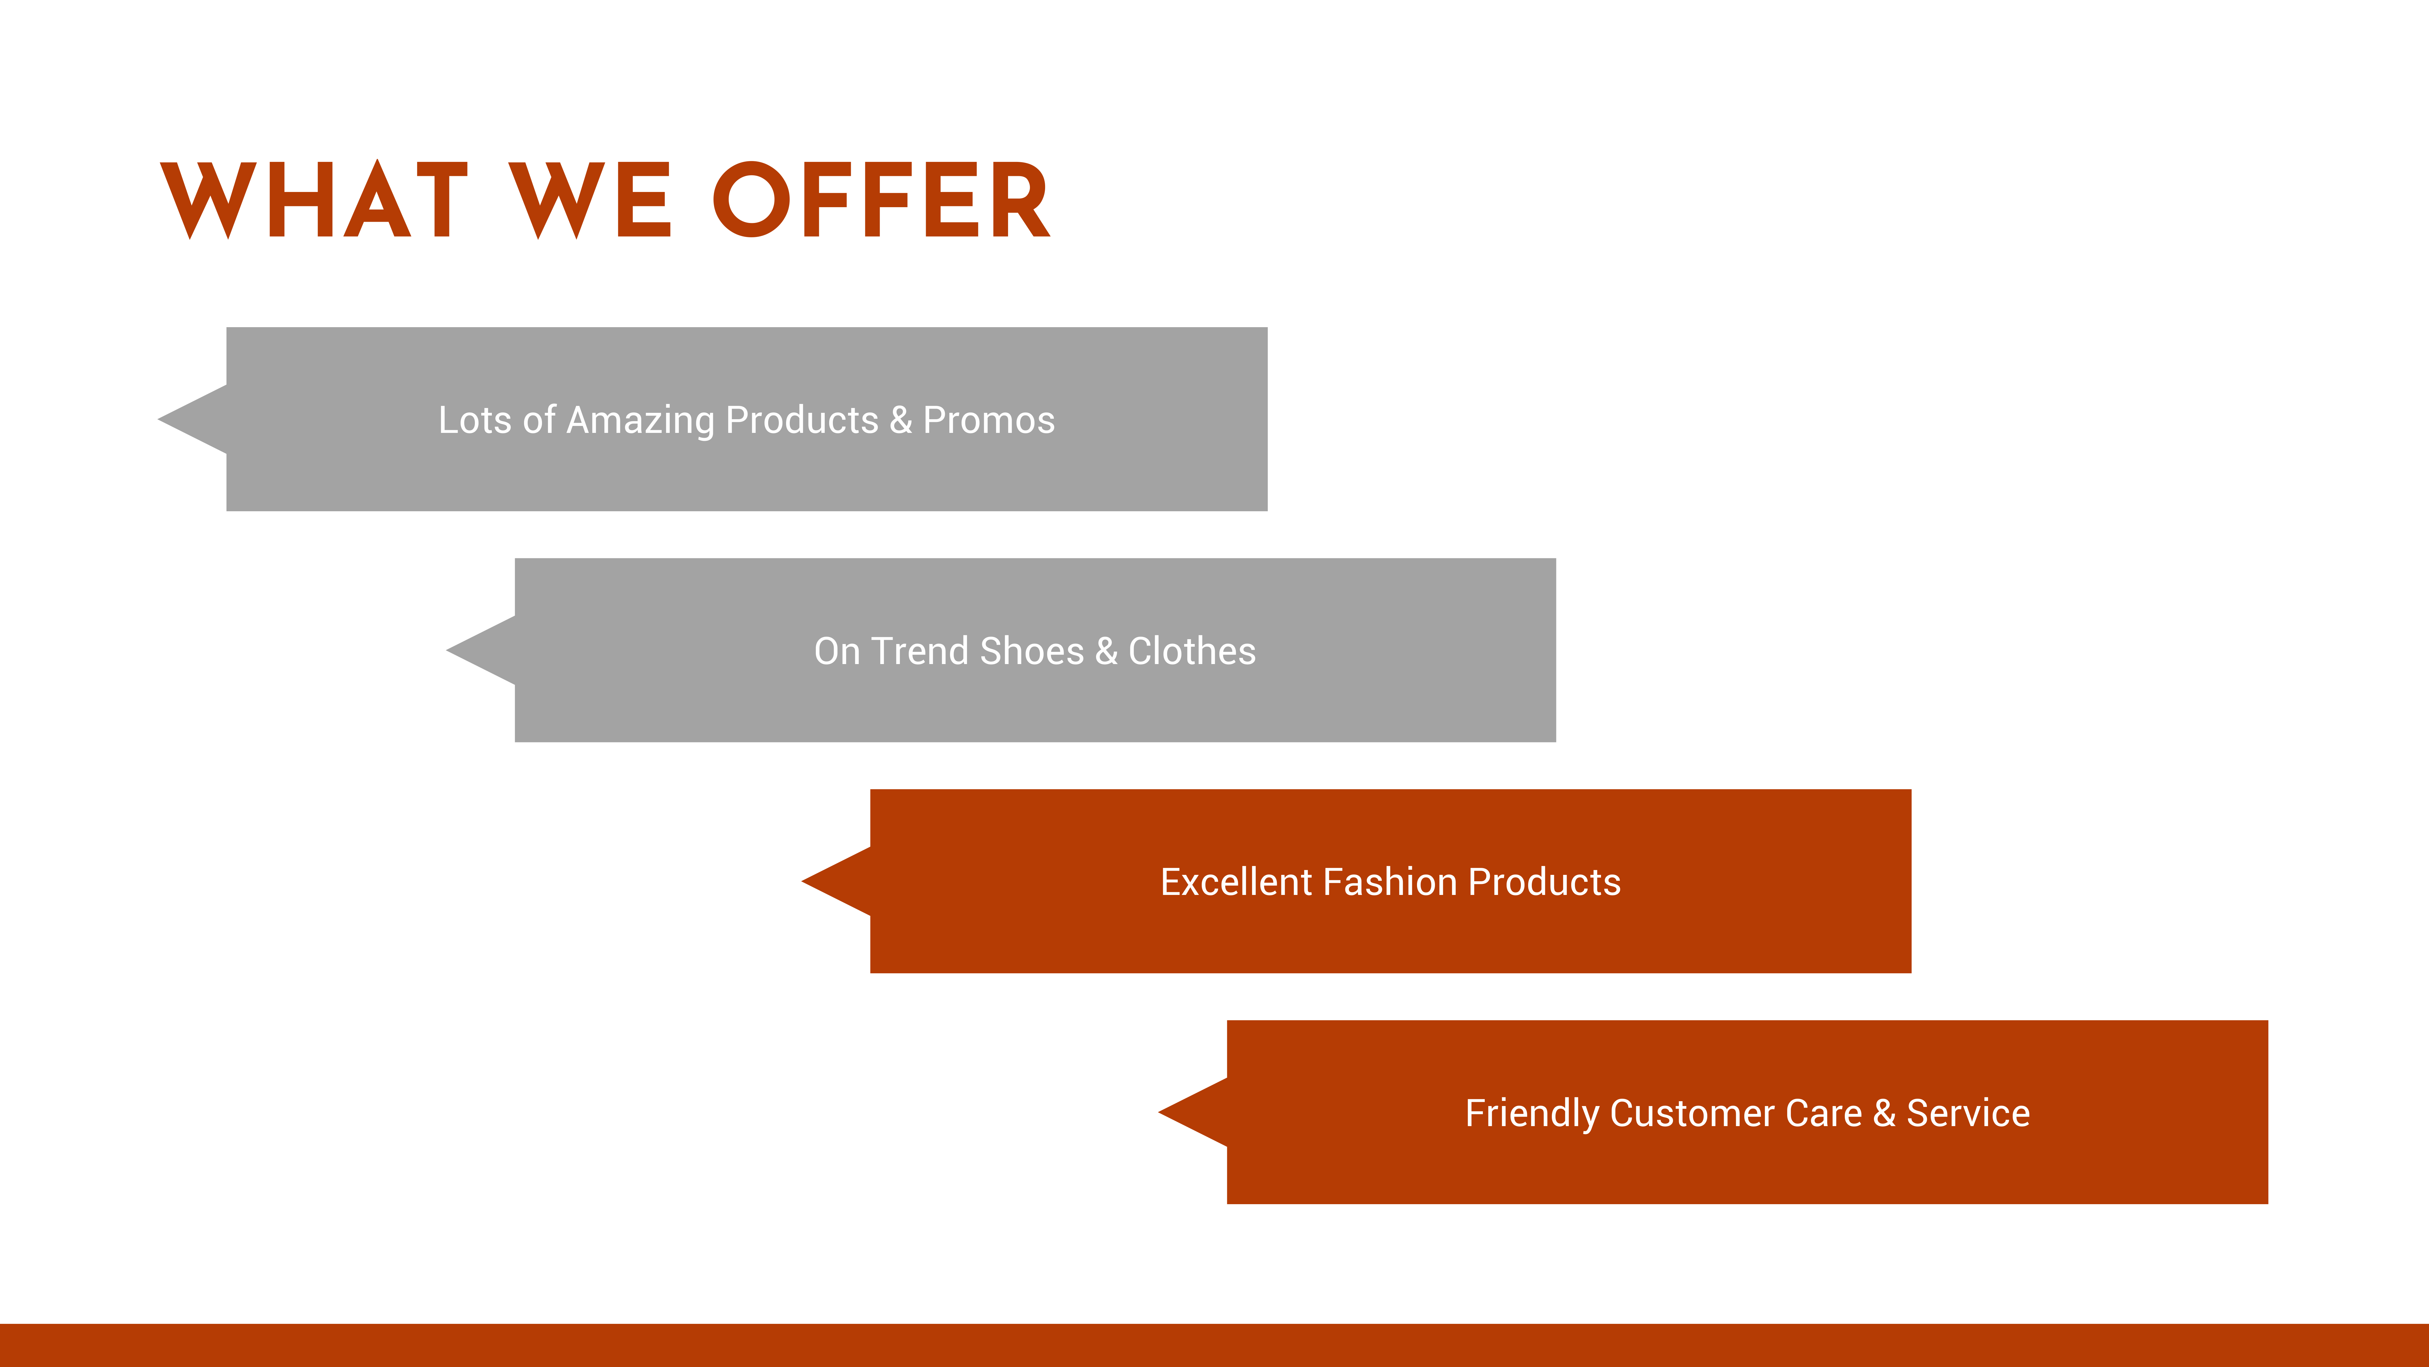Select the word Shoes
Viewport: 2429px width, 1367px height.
(1033, 651)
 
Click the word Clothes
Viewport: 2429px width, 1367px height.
(1192, 651)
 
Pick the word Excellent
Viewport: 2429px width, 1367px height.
(1236, 882)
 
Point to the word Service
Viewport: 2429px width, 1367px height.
(1968, 1113)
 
